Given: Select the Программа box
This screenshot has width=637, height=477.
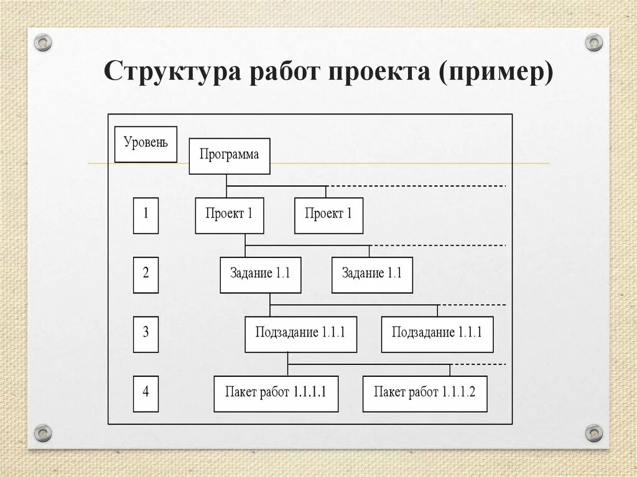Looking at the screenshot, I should click(229, 155).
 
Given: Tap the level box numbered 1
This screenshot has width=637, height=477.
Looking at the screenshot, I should click(146, 215).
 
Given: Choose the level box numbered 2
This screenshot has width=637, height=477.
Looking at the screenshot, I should click(146, 274).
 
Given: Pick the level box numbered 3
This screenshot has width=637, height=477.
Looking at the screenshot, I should click(146, 334).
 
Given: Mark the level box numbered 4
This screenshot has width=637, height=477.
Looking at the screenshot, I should click(146, 393).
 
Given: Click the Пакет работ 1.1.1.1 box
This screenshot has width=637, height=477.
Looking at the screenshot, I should click(276, 393).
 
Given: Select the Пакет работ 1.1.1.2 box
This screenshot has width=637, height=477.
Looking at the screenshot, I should click(424, 393).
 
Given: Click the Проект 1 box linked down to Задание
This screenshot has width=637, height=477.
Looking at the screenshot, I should click(229, 215).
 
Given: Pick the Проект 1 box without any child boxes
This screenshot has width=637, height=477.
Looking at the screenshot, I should click(328, 215).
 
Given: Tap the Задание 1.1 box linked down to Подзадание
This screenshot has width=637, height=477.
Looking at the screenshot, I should click(260, 274).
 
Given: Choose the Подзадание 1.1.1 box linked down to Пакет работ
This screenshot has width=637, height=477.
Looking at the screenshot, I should click(300, 334).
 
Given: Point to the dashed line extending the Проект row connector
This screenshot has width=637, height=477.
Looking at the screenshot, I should click(417, 186).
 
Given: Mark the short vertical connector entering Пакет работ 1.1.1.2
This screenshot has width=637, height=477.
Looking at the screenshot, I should click(450, 370).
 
